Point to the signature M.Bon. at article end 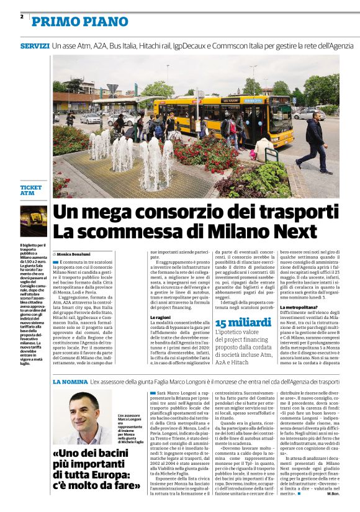click(333, 493)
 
